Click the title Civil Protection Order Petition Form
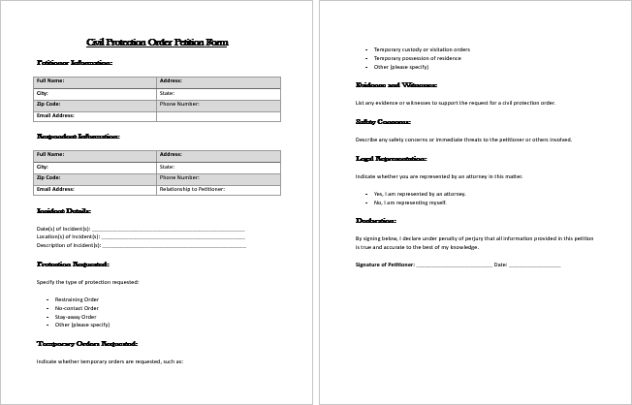pos(157,43)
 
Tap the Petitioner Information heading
pos(75,63)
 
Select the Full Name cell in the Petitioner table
pos(50,81)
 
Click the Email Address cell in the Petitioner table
pos(56,116)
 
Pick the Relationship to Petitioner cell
pos(192,190)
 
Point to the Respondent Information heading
pos(78,137)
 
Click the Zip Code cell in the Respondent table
pos(48,178)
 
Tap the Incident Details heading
pos(63,210)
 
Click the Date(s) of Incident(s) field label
pos(63,229)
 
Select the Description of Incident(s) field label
pos(70,246)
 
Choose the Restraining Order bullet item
pos(77,299)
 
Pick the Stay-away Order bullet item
pos(76,317)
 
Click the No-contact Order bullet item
pos(77,308)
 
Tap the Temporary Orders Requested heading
pos(87,343)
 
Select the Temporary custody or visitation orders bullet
pos(422,49)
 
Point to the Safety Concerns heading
pos(383,122)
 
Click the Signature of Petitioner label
pos(385,265)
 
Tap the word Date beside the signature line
pos(500,265)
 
